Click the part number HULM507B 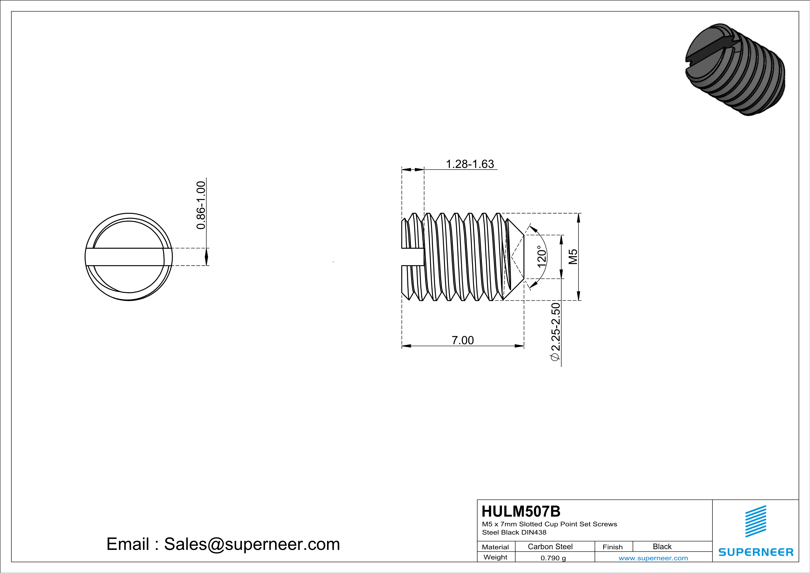coord(521,511)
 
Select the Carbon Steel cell coord(550,546)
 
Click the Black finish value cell coord(662,546)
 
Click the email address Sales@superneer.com coord(252,544)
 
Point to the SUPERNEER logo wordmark coord(756,552)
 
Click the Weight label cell coord(495,557)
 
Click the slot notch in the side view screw coord(413,257)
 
